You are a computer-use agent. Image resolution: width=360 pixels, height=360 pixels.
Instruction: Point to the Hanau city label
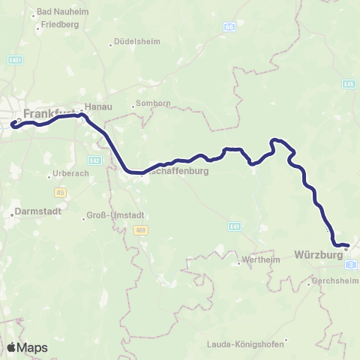click(98, 107)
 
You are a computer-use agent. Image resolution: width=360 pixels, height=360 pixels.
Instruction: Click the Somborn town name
click(149, 104)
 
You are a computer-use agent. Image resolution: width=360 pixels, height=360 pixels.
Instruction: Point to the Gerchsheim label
click(332, 283)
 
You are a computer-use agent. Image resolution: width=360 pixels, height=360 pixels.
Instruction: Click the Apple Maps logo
click(27, 347)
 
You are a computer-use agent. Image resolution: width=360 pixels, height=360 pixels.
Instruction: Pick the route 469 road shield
click(140, 229)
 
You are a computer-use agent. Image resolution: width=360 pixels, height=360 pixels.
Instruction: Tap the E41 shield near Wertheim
click(235, 225)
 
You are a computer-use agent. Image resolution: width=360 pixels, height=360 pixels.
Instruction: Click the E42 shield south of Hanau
click(94, 160)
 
